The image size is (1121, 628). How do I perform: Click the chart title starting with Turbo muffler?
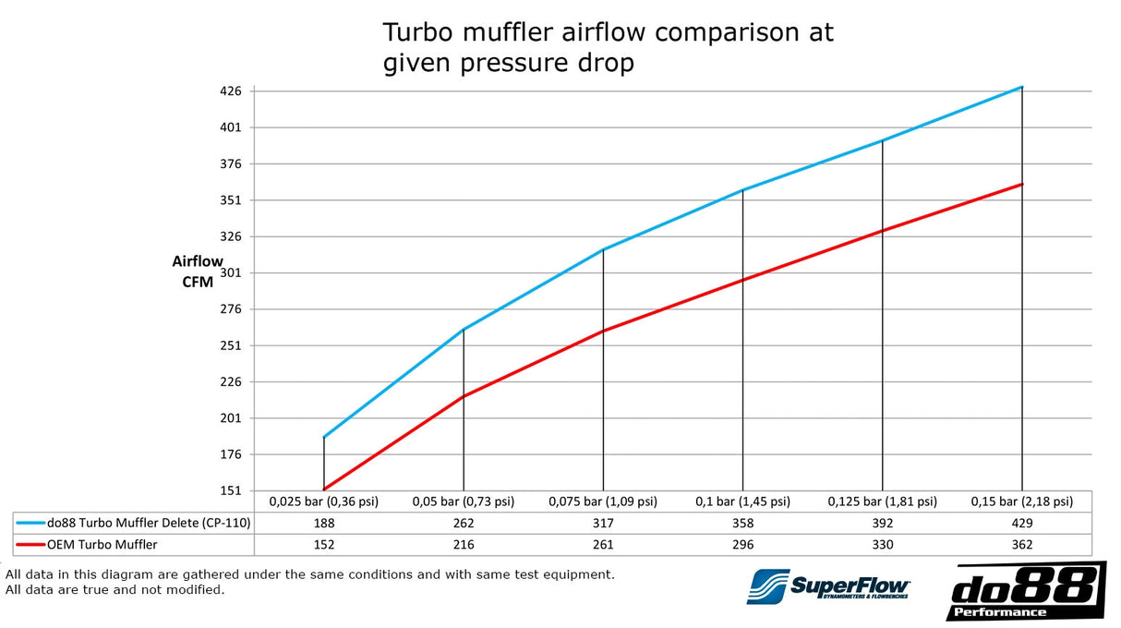(608, 48)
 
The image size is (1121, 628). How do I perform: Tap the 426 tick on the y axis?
(231, 91)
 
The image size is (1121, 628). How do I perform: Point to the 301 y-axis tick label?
(231, 272)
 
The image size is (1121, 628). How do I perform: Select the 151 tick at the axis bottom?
(231, 490)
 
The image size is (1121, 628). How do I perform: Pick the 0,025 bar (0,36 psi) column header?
(323, 501)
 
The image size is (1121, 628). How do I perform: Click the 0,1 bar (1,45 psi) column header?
(742, 501)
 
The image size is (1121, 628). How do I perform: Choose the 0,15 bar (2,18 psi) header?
(1021, 501)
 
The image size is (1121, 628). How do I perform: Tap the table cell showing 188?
(323, 523)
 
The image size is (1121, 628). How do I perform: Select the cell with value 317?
(603, 523)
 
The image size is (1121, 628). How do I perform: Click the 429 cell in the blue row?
(1021, 523)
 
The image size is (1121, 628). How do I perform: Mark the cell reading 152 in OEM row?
(323, 545)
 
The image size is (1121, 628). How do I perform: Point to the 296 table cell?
(742, 545)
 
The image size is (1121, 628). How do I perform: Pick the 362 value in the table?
(1021, 545)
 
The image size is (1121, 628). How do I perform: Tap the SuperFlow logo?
(829, 586)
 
